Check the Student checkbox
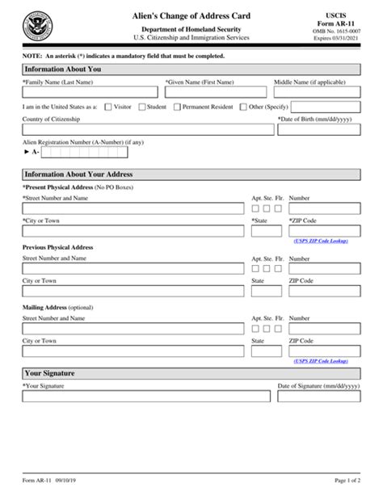pos(143,106)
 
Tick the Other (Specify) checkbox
pos(243,106)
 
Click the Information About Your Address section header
pos(191,174)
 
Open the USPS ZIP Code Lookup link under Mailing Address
pos(326,362)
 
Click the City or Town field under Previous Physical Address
pos(133,292)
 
